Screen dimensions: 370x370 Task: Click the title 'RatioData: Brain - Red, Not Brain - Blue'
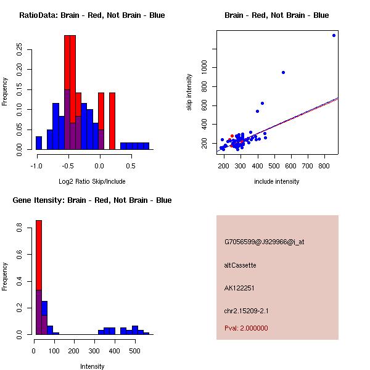pos(92,15)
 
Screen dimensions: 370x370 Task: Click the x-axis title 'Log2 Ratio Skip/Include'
pos(92,181)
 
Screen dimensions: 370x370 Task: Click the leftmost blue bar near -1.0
pos(39,143)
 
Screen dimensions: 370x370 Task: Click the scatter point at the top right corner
pos(334,35)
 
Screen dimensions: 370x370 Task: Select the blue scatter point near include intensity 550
pos(283,72)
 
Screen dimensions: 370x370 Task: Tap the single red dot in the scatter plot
pos(232,136)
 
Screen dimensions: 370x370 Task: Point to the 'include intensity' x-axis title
pos(276,181)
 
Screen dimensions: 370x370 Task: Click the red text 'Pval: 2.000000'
pos(246,328)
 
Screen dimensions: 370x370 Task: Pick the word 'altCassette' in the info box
pos(240,265)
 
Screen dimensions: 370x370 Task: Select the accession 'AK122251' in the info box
pos(239,287)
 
